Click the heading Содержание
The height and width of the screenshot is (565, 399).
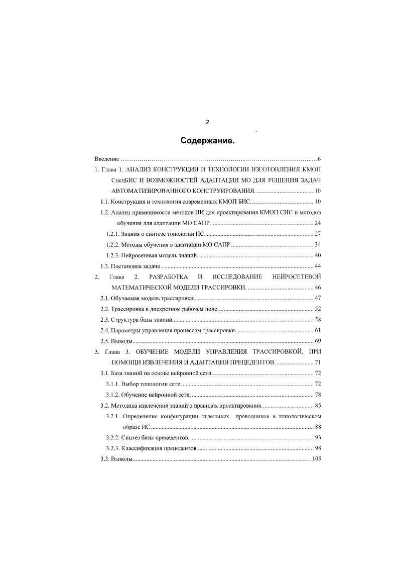point(207,141)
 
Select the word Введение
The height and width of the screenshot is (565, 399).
point(107,159)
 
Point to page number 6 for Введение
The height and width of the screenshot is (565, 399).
point(319,159)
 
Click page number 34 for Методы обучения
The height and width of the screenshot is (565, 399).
point(317,245)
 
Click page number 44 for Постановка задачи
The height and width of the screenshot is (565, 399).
point(317,266)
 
